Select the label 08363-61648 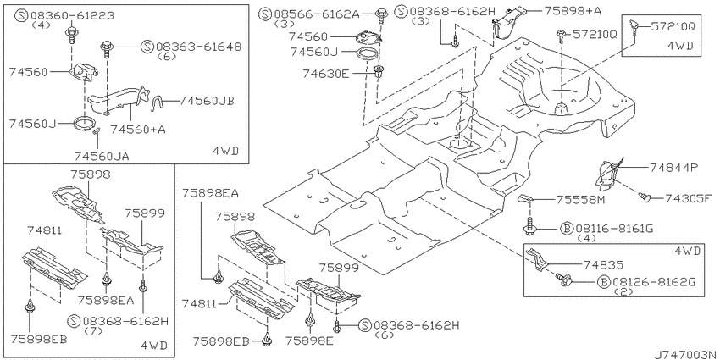click(x=199, y=47)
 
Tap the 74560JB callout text click(x=206, y=101)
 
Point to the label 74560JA click(x=101, y=157)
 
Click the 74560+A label click(x=138, y=130)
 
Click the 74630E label click(x=325, y=73)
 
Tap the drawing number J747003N click(x=685, y=354)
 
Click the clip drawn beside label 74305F click(x=645, y=198)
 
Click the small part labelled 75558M click(x=526, y=198)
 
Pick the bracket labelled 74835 click(x=538, y=261)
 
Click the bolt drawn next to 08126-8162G click(x=563, y=279)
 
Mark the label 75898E click(x=309, y=341)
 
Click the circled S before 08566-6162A click(x=266, y=14)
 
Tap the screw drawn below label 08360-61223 click(x=71, y=34)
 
